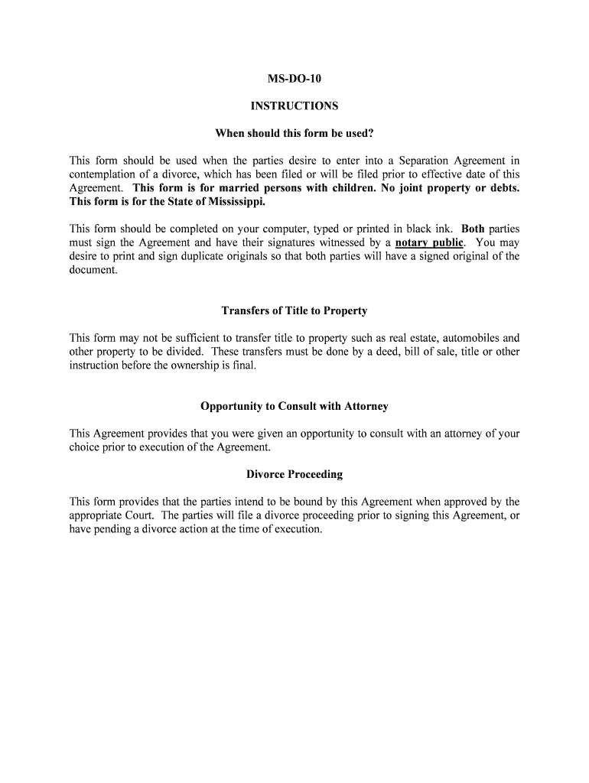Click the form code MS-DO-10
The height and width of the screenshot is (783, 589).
[294, 78]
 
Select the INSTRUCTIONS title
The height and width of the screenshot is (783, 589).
[294, 106]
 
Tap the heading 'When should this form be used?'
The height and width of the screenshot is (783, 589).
[294, 133]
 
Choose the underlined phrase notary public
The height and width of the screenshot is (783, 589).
[429, 243]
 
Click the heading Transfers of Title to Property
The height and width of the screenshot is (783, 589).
[294, 310]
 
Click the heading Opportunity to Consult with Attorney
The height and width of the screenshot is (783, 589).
[294, 406]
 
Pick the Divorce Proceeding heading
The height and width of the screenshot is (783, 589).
[294, 474]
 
